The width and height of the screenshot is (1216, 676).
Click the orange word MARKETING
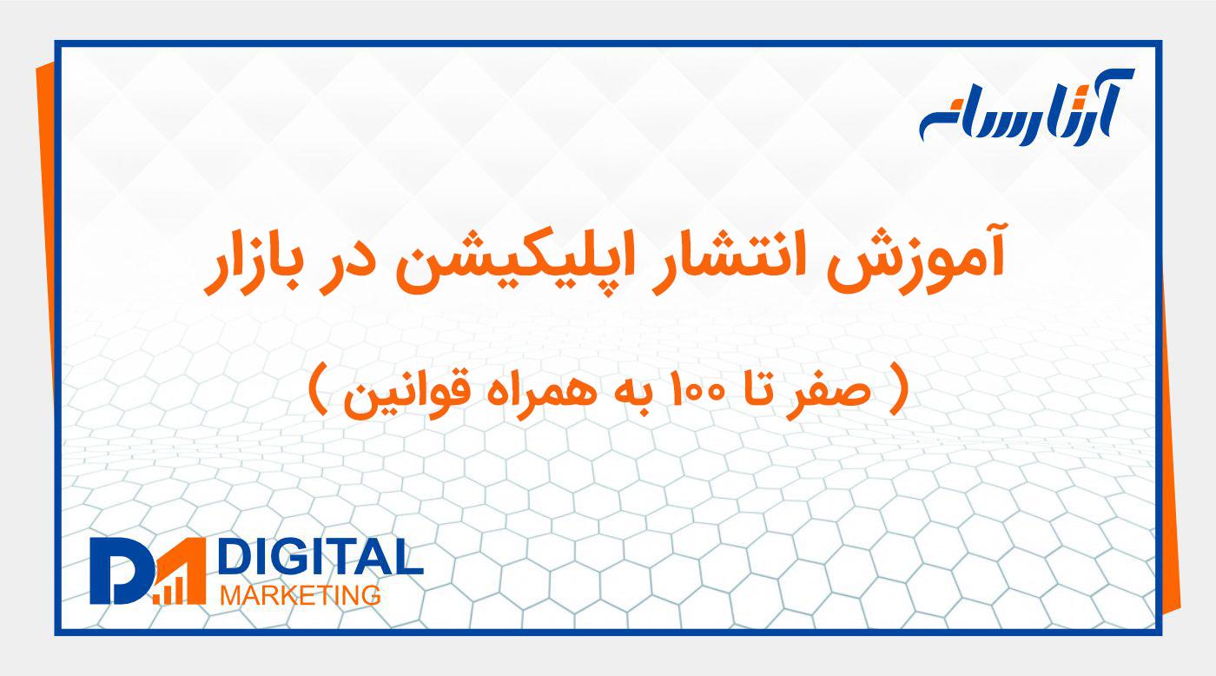301,596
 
